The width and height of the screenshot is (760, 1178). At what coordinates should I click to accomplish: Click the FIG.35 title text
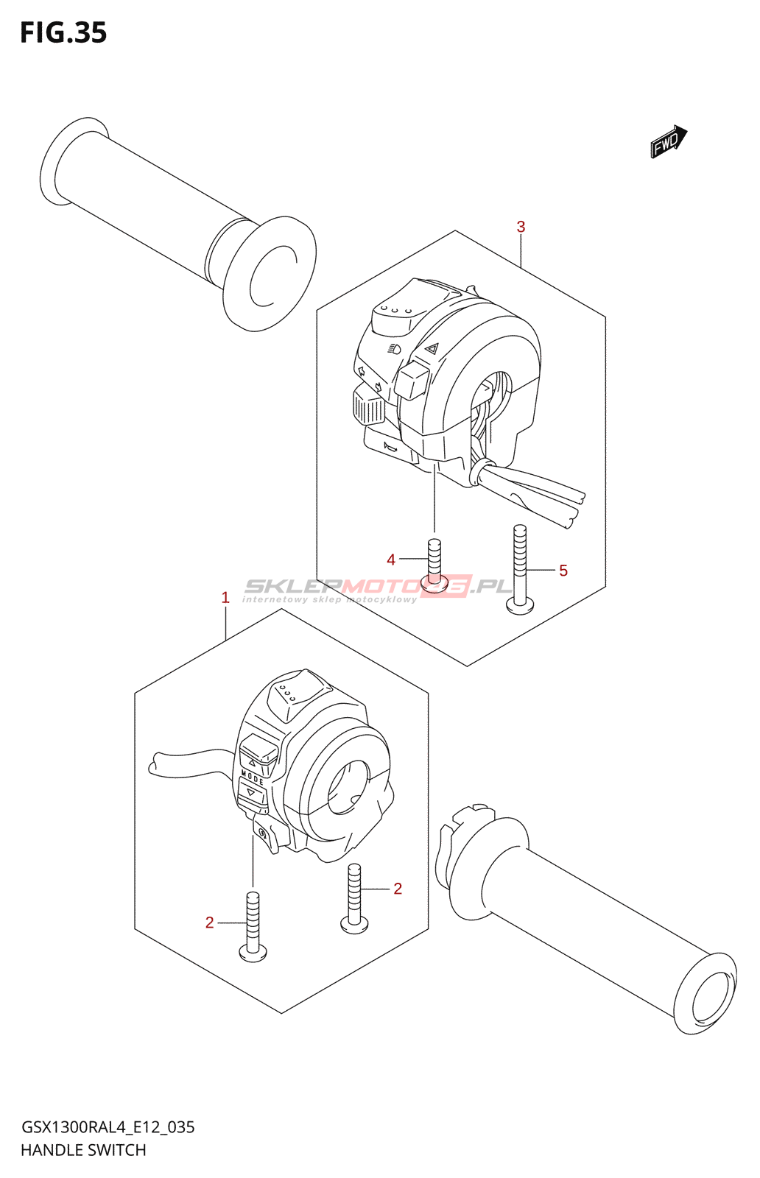(x=63, y=33)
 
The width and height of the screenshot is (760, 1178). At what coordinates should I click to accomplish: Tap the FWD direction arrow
(x=668, y=141)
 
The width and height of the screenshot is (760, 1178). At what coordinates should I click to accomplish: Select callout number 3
(x=521, y=227)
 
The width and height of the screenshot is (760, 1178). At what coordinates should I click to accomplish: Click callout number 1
(x=225, y=598)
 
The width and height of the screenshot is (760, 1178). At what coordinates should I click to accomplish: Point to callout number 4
(x=391, y=560)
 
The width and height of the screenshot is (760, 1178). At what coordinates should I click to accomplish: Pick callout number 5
(x=563, y=571)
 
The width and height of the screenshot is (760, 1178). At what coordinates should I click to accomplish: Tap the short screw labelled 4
(x=434, y=563)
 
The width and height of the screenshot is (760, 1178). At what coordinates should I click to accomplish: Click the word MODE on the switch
(x=253, y=777)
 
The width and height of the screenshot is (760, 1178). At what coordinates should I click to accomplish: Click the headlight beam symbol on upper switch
(x=394, y=348)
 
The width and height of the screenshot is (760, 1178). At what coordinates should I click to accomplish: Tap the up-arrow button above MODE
(x=256, y=755)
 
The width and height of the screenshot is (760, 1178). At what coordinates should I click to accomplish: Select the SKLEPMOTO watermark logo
(x=378, y=587)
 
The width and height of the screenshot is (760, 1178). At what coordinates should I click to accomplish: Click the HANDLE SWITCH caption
(x=83, y=1150)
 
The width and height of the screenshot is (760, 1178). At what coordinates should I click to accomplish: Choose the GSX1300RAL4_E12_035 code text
(x=108, y=1127)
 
